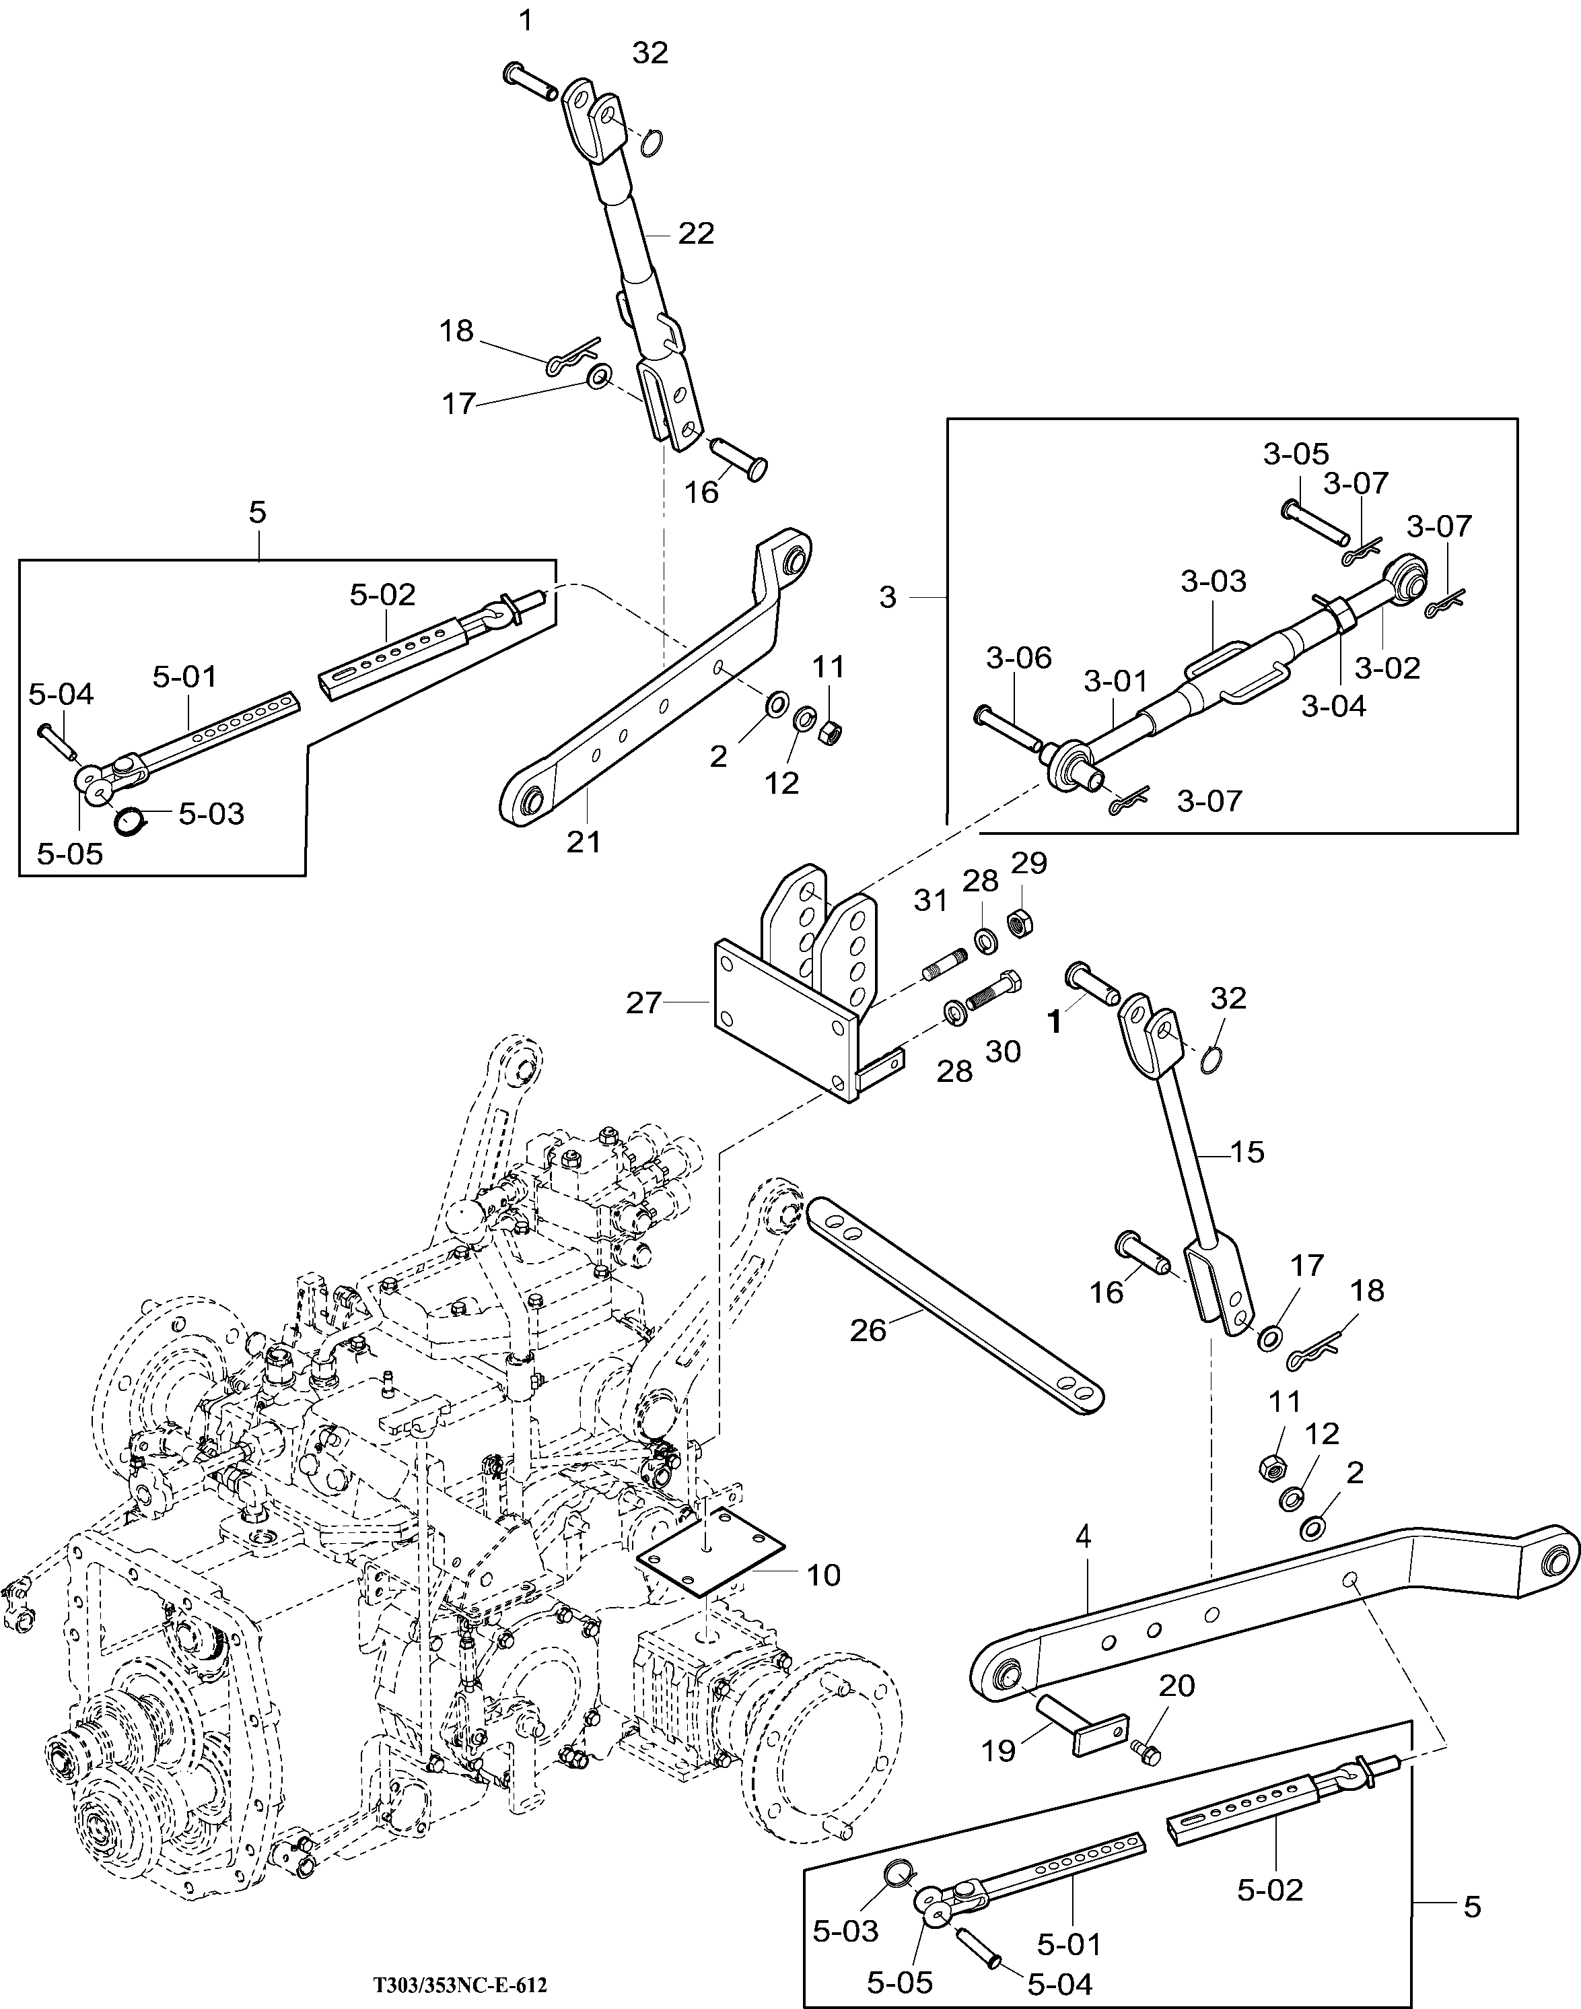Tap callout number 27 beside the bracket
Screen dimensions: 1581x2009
(x=644, y=1002)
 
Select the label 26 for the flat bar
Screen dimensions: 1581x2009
(x=868, y=1330)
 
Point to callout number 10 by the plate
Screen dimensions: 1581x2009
(x=824, y=1575)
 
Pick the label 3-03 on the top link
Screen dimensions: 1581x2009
(x=1214, y=582)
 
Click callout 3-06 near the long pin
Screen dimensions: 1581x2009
(x=1019, y=658)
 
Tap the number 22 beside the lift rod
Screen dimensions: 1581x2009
(x=696, y=234)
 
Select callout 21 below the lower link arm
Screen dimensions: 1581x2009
(x=584, y=842)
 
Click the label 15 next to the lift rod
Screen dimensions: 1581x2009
(x=1248, y=1152)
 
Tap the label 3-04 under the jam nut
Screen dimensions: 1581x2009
(x=1334, y=706)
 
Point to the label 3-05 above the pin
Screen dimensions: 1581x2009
(x=1296, y=454)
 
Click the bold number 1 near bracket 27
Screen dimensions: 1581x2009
(x=1053, y=1022)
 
